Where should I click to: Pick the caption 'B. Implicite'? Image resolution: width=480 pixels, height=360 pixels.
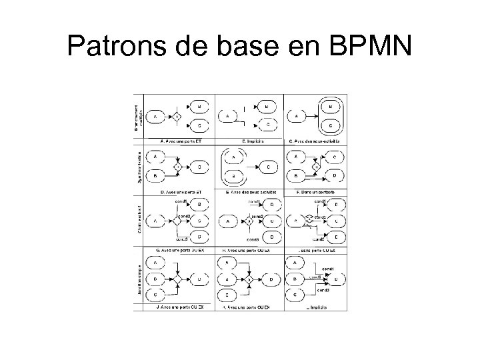pyautogui.click(x=248, y=141)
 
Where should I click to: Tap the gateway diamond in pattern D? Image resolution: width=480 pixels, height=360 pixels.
pyautogui.click(x=178, y=167)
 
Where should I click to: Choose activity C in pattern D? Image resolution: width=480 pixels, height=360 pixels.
pyautogui.click(x=199, y=167)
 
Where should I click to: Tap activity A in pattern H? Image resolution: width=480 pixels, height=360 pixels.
pyautogui.click(x=229, y=221)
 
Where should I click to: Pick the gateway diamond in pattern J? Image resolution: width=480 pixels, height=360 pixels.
pyautogui.click(x=177, y=278)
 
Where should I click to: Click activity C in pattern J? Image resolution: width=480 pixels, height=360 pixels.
pyautogui.click(x=155, y=293)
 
